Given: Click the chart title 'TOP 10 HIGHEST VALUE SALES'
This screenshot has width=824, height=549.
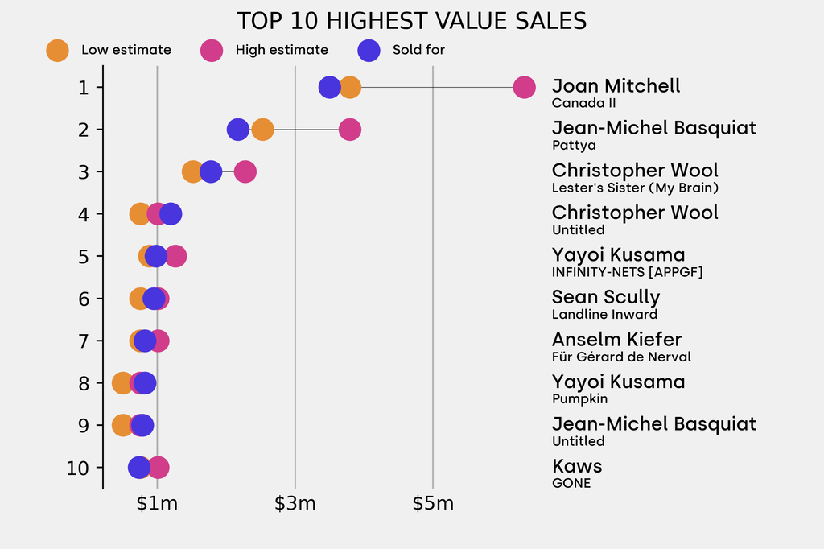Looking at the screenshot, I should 411,21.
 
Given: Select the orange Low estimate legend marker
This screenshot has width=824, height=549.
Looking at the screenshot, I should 58,50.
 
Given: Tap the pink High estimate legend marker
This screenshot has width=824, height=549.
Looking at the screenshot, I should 212,50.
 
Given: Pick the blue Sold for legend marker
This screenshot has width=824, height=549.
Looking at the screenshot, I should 369,50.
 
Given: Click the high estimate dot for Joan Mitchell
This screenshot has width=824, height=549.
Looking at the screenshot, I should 524,87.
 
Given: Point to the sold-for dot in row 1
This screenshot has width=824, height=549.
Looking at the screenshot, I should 329,87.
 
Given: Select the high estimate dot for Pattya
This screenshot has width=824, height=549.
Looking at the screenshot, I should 349,130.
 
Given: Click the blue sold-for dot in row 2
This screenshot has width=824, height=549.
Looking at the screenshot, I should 237,130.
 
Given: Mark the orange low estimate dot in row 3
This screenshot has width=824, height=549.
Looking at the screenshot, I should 192,171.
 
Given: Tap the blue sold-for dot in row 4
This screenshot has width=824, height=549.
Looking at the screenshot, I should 171,214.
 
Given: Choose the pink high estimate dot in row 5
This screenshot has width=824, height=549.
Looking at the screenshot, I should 175,256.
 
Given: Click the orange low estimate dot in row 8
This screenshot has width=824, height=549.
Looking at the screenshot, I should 122,383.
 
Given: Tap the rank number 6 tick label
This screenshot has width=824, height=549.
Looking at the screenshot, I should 84,299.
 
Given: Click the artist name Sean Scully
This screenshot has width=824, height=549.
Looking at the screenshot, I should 605,298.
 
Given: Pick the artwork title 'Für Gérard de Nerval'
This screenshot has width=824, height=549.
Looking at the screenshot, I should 621,357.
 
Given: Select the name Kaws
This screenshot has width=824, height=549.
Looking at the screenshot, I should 577,466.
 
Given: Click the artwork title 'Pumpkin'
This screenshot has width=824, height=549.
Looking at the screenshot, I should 579,399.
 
